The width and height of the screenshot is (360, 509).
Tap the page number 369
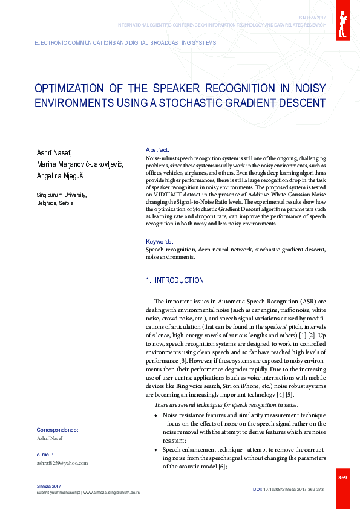[x=342, y=478]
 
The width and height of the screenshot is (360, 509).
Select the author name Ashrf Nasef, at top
[x=54, y=152]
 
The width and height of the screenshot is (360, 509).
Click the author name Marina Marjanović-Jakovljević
[x=79, y=164]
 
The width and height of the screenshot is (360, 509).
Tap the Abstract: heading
[x=157, y=149]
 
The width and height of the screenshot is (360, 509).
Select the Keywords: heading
[x=160, y=241]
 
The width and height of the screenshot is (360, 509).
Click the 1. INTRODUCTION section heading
[x=175, y=280]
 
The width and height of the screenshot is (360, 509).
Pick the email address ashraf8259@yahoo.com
[x=62, y=463]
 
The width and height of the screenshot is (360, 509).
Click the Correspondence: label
[x=57, y=430]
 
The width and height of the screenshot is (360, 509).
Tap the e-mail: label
[x=45, y=454]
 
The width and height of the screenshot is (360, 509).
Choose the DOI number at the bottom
[x=288, y=489]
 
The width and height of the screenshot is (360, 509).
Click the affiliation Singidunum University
[x=62, y=195]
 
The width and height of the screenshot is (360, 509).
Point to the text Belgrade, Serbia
[x=55, y=203]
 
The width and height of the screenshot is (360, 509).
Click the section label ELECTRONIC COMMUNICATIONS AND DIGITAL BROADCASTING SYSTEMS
[x=125, y=44]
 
